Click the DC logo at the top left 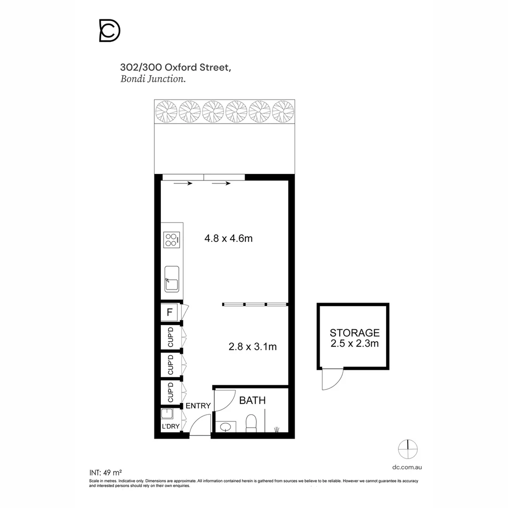click(110, 31)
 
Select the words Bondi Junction click(153, 79)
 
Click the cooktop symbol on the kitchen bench click(171, 240)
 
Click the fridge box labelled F click(169, 312)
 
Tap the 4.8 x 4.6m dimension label click(228, 238)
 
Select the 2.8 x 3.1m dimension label click(252, 347)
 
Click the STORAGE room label click(354, 333)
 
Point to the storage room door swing click(332, 380)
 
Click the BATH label click(253, 401)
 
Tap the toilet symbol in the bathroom click(252, 423)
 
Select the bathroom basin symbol click(226, 427)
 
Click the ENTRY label click(198, 406)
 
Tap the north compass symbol click(408, 449)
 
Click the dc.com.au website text click(406, 467)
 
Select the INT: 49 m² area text click(106, 472)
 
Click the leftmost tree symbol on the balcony click(167, 111)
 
